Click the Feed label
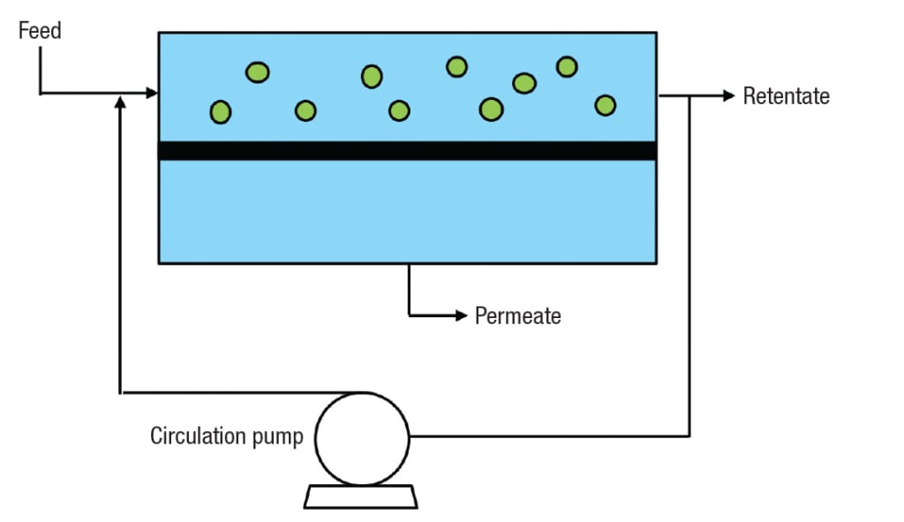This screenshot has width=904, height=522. [40, 31]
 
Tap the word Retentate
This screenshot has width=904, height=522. [786, 96]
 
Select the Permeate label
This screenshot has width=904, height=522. [517, 315]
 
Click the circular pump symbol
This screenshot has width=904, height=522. [362, 438]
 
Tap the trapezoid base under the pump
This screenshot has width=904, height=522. [360, 497]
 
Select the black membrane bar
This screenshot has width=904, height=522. [407, 151]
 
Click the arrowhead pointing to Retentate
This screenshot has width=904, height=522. [728, 95]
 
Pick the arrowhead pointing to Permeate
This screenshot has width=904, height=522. [460, 315]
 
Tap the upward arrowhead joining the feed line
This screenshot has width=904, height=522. [120, 102]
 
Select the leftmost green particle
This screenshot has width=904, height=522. [220, 112]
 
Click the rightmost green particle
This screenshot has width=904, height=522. [605, 105]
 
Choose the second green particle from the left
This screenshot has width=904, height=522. [257, 72]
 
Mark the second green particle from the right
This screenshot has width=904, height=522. [567, 66]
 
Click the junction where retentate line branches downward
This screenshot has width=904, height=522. [689, 95]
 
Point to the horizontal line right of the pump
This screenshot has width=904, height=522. [547, 436]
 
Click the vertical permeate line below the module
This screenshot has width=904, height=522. [409, 287]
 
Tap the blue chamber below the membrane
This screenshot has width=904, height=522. [407, 212]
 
